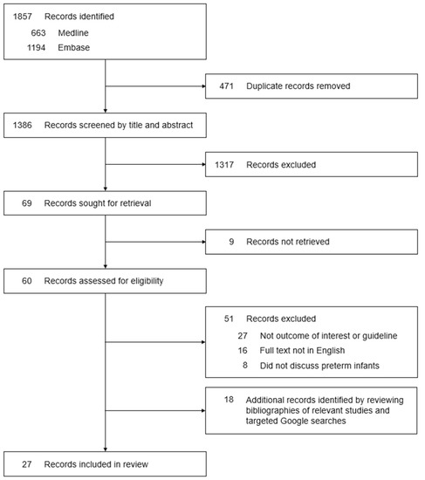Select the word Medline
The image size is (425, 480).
click(73, 32)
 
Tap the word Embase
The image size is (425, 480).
click(73, 47)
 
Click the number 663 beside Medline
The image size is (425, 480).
click(38, 32)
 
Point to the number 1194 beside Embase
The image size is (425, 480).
click(35, 47)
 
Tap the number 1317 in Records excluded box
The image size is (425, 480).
click(225, 164)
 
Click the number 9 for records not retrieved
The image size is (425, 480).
click(230, 241)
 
